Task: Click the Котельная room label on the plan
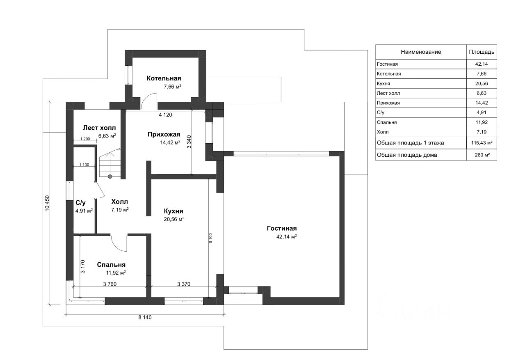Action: pos(164,78)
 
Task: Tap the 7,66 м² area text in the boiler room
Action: pos(172,87)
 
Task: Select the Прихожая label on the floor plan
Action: pos(164,134)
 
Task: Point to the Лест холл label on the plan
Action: pos(99,128)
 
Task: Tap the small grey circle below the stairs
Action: pos(110,177)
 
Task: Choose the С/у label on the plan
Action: pos(80,203)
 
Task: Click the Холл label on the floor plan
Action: pos(120,202)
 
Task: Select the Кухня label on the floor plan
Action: pos(173,211)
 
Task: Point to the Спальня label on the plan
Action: pos(111,265)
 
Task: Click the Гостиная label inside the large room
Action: pos(281,229)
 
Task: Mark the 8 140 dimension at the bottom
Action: pos(145,317)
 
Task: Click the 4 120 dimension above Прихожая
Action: pos(165,115)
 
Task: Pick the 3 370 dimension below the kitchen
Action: pos(183,284)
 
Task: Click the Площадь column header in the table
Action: pos(481,52)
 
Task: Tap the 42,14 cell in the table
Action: pos(481,64)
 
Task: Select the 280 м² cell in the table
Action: pos(481,155)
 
